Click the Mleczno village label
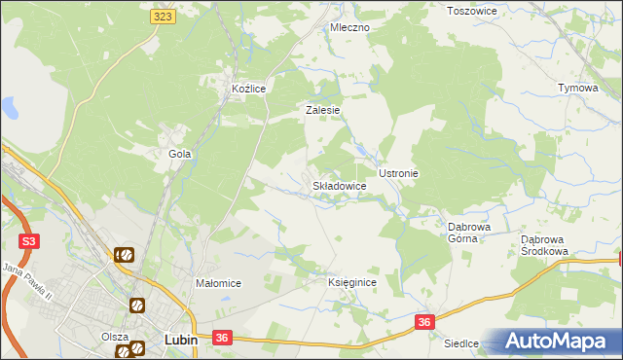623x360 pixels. click(x=349, y=27)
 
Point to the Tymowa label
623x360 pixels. click(x=576, y=88)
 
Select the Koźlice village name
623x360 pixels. click(x=249, y=89)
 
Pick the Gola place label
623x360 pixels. click(x=179, y=154)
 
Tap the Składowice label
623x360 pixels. click(x=339, y=185)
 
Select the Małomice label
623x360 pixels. click(x=218, y=283)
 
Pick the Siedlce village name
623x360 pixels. click(x=461, y=343)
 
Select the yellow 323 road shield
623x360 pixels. click(x=164, y=17)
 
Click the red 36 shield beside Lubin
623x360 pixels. click(x=222, y=338)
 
